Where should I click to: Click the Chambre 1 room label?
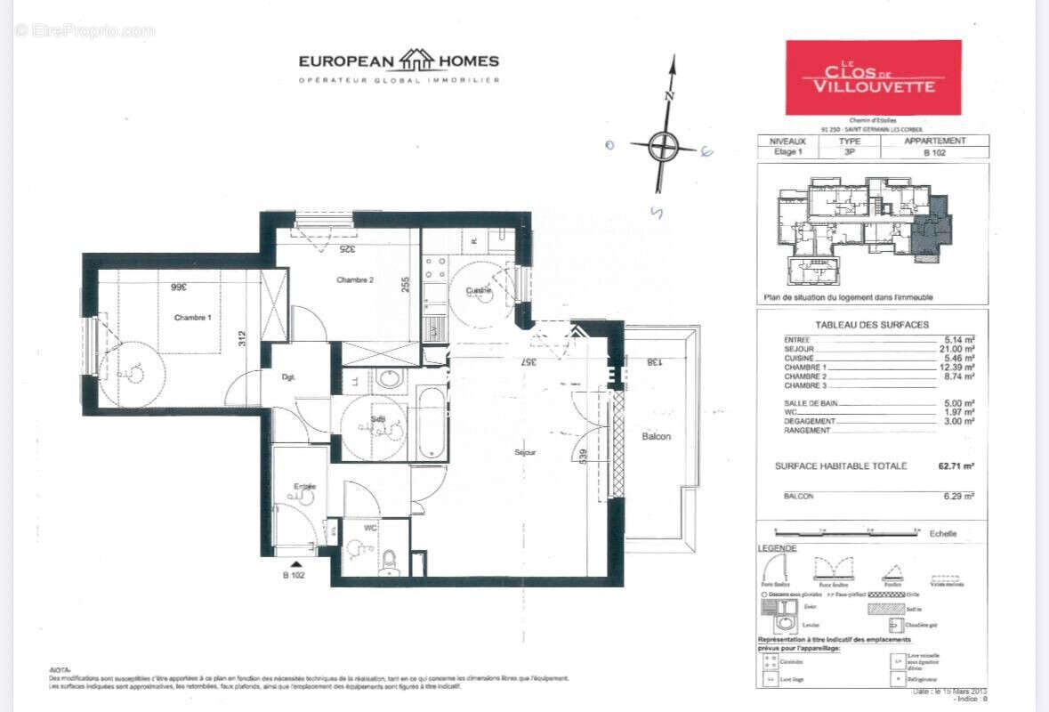pos(193,319)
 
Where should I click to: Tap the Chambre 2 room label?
pos(354,280)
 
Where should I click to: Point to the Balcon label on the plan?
pos(657,436)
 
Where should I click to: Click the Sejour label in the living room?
pos(525,452)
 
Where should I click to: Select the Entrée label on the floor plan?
pos(305,486)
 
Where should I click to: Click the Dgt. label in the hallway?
pos(288,376)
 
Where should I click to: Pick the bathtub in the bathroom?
pos(432,423)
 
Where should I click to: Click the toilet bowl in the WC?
pos(389,562)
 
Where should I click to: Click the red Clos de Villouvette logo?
pos(873,77)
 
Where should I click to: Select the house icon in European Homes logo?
pos(416,61)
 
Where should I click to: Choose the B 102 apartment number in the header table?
pos(934,153)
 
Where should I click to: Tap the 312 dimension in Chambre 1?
pos(241,337)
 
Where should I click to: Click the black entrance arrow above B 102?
pos(296,563)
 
